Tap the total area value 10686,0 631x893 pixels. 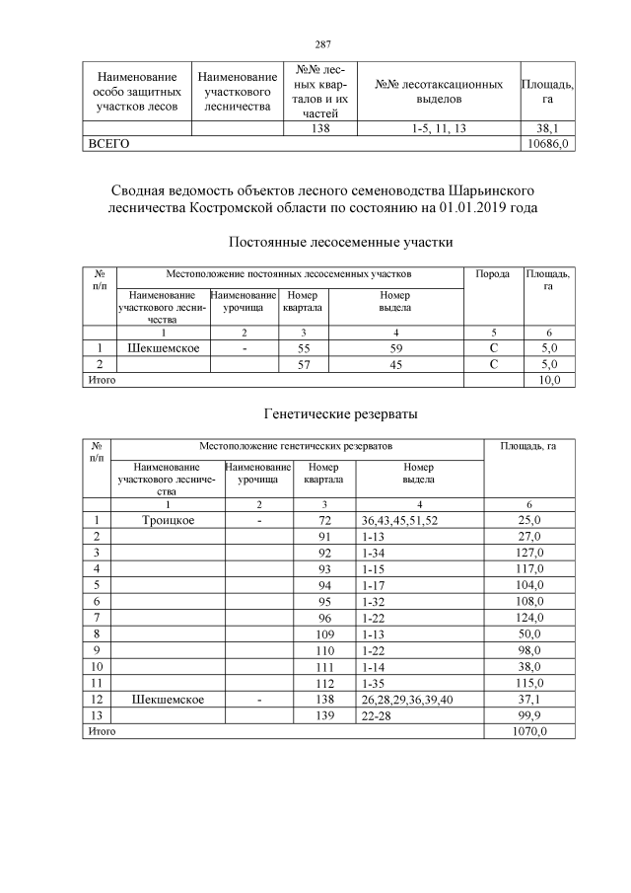pyautogui.click(x=547, y=143)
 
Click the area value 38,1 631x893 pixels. pyautogui.click(x=547, y=128)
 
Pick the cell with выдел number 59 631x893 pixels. pyautogui.click(x=393, y=347)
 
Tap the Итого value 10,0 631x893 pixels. pyautogui.click(x=547, y=380)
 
